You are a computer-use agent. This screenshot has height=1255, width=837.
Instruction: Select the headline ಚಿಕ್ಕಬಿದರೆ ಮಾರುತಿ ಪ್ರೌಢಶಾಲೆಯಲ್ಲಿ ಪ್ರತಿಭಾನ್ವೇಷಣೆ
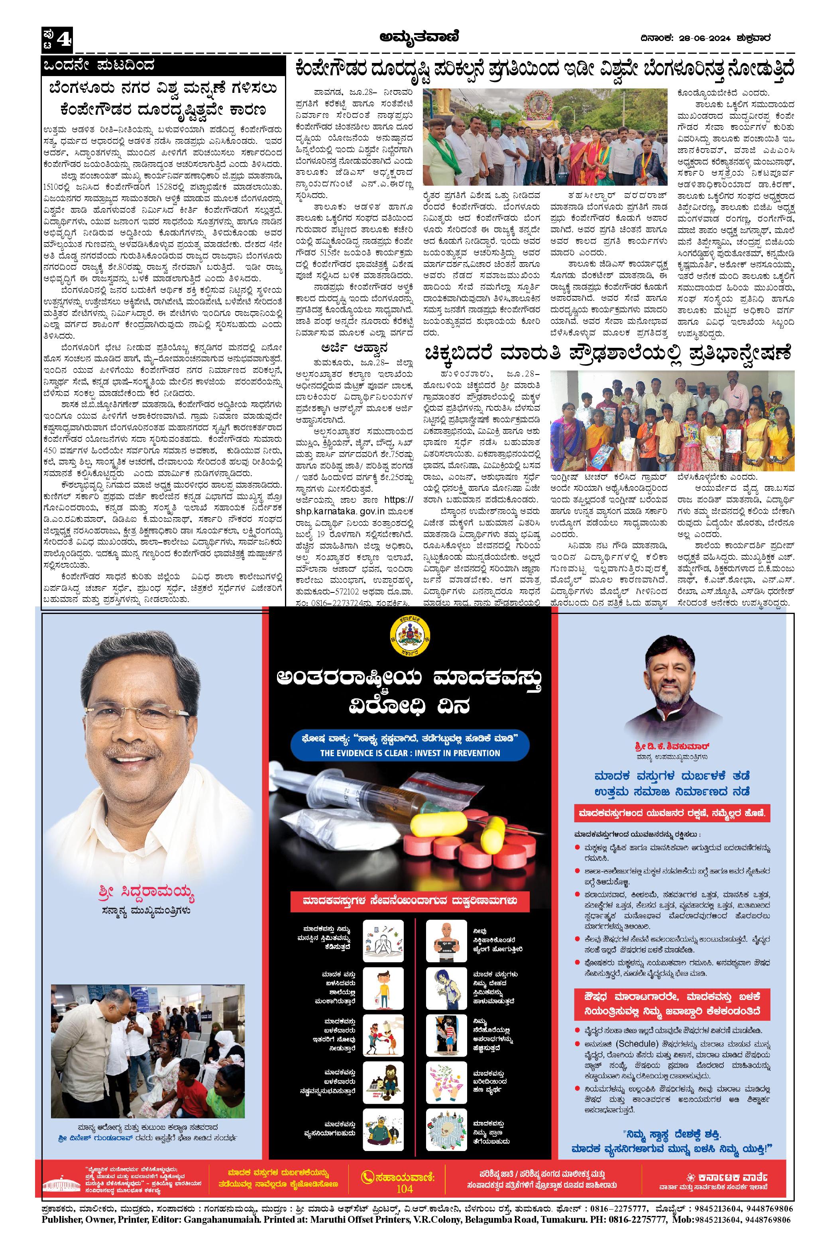coord(609,354)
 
